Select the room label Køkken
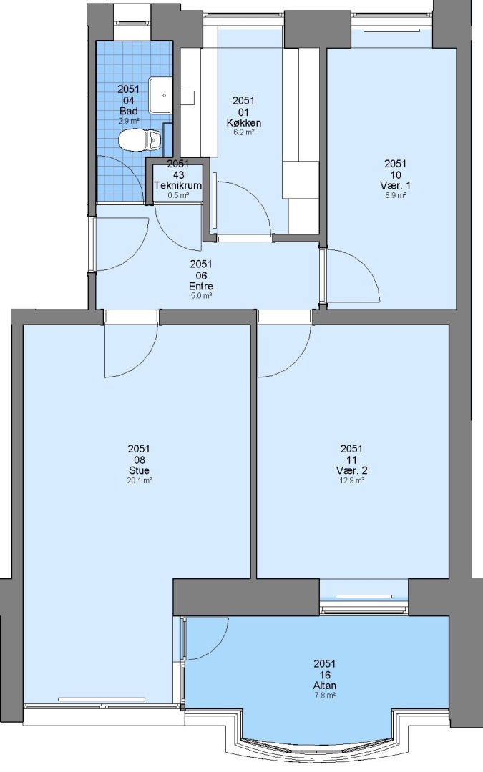pos(243,123)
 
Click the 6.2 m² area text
pos(243,132)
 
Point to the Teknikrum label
pos(178,186)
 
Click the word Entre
pos(201,286)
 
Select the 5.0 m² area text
pos(201,296)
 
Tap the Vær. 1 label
pos(395,186)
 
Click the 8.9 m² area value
pos(395,195)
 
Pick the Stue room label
pos(139,470)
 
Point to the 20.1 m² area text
pos(139,480)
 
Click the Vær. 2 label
pos(351,470)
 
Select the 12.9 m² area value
pos(351,480)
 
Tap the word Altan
pos(325,686)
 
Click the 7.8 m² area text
pos(325,696)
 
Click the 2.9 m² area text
pos(128,121)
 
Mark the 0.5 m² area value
pos(178,195)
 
